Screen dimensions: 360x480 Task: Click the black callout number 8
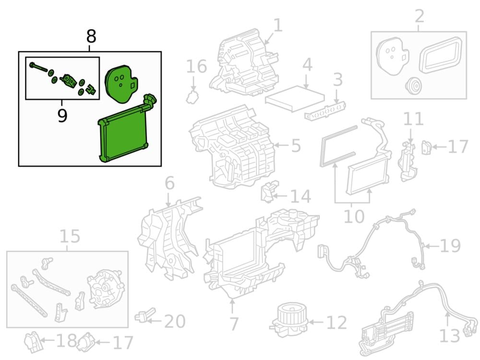point(91,36)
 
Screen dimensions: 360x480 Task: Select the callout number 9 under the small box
point(62,115)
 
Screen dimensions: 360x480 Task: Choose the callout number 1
point(278,25)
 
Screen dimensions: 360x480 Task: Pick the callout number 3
point(338,80)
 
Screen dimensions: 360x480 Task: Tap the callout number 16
point(196,66)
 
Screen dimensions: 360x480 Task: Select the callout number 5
point(295,144)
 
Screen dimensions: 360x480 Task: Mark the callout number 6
point(169,183)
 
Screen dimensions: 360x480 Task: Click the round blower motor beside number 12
point(288,318)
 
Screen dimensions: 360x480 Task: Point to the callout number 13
point(450,336)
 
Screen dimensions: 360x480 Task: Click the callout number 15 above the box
point(70,236)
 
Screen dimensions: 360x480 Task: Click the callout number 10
point(354,216)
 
